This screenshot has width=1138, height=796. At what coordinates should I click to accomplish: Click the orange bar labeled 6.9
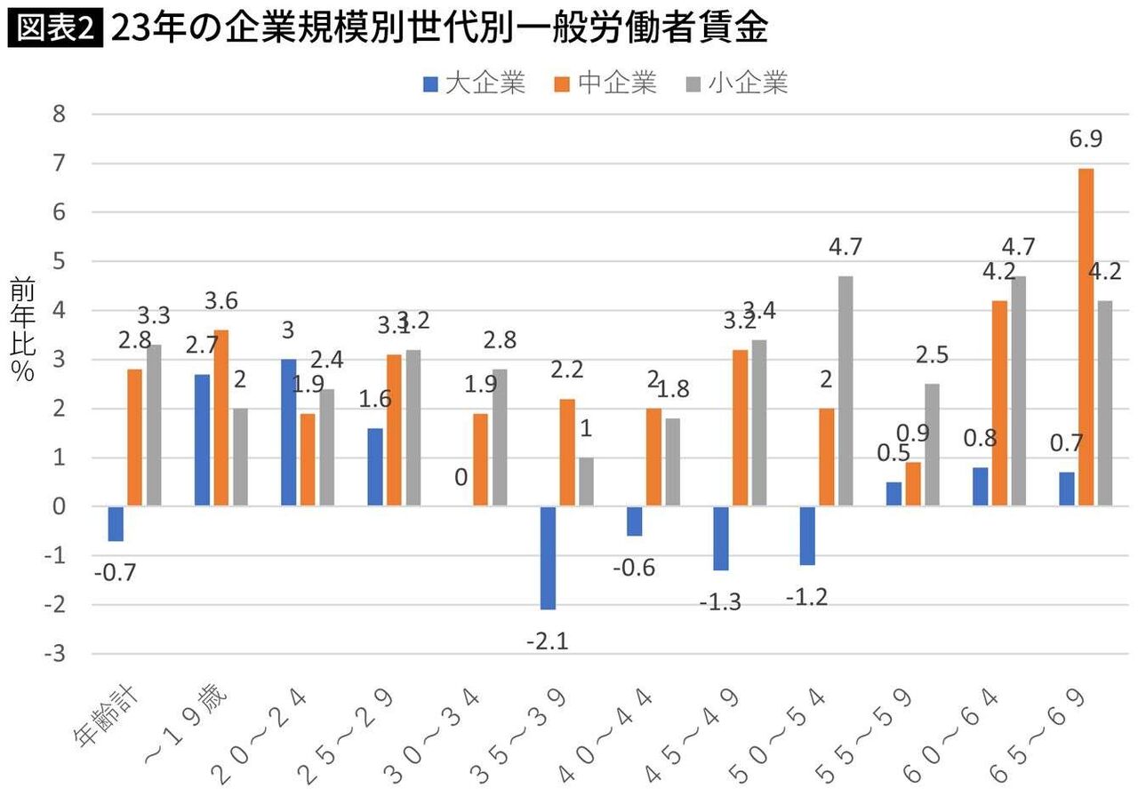(x=1086, y=338)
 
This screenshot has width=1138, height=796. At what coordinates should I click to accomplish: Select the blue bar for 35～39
(x=549, y=558)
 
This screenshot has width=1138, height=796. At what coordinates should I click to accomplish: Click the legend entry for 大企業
(x=475, y=84)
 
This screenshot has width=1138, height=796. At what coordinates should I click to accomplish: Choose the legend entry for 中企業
(x=606, y=84)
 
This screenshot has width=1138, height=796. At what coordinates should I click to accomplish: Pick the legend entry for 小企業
(x=737, y=84)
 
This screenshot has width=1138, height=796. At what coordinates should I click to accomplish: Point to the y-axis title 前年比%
(x=22, y=329)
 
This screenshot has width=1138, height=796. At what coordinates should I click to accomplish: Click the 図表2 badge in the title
(x=55, y=29)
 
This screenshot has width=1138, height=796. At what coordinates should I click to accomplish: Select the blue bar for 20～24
(x=288, y=433)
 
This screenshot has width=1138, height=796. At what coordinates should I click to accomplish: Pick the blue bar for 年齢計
(x=115, y=524)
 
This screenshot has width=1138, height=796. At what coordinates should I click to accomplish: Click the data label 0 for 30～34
(x=461, y=478)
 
